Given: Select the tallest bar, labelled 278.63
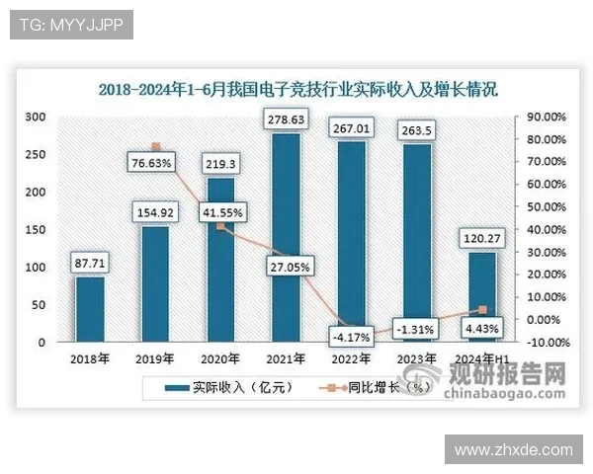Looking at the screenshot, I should tap(282, 237).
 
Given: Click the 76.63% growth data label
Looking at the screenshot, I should tap(154, 162).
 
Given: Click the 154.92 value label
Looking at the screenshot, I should tap(154, 211).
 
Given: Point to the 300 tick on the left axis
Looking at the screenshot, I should tap(36, 117).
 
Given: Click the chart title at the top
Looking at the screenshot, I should tap(297, 89).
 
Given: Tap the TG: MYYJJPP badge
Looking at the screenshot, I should tap(71, 25).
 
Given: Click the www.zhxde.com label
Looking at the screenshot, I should tap(513, 449).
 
